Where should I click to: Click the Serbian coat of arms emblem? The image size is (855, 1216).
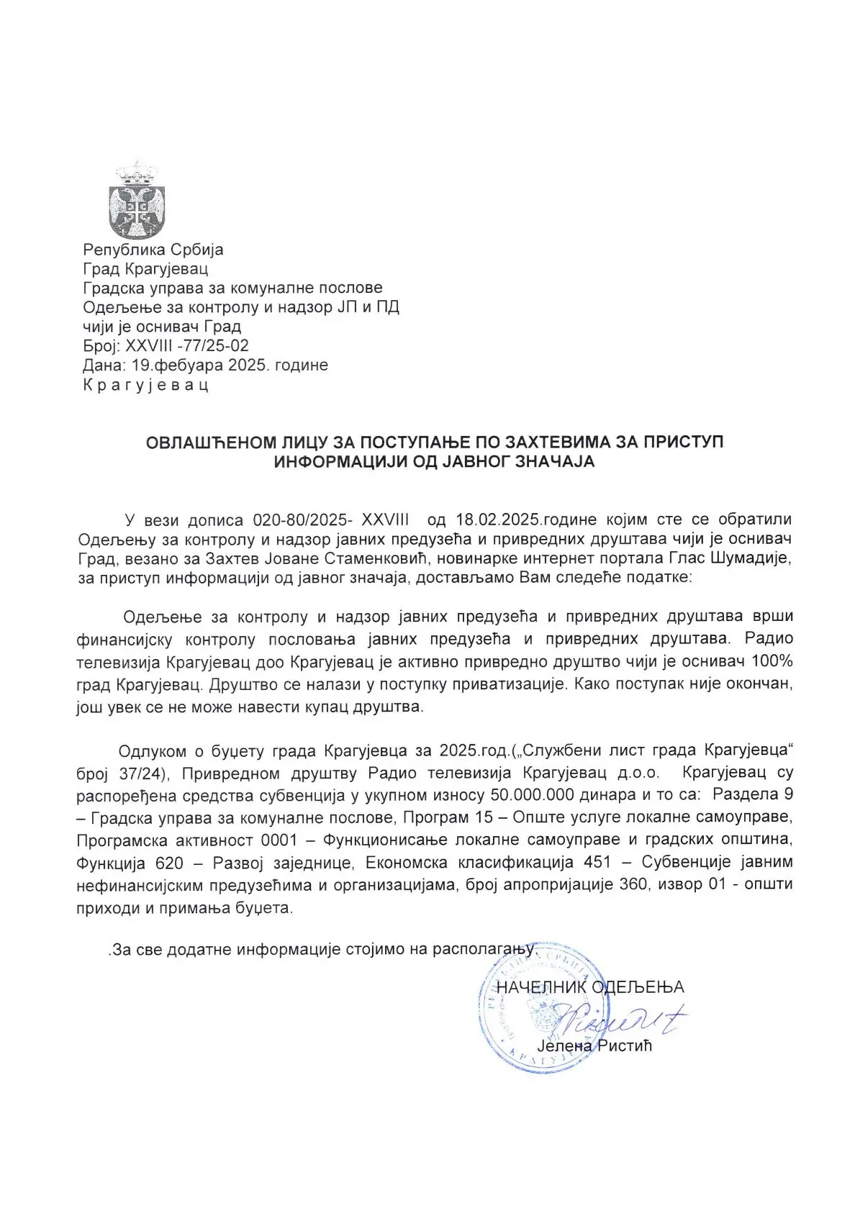point(136,201)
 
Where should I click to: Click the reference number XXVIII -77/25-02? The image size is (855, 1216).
point(187,345)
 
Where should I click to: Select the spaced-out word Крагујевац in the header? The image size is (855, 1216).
point(146,384)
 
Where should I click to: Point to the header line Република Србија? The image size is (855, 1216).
point(153,250)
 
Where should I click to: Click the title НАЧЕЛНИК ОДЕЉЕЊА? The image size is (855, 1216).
point(590,987)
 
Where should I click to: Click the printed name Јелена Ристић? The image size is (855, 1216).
point(594,1045)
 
